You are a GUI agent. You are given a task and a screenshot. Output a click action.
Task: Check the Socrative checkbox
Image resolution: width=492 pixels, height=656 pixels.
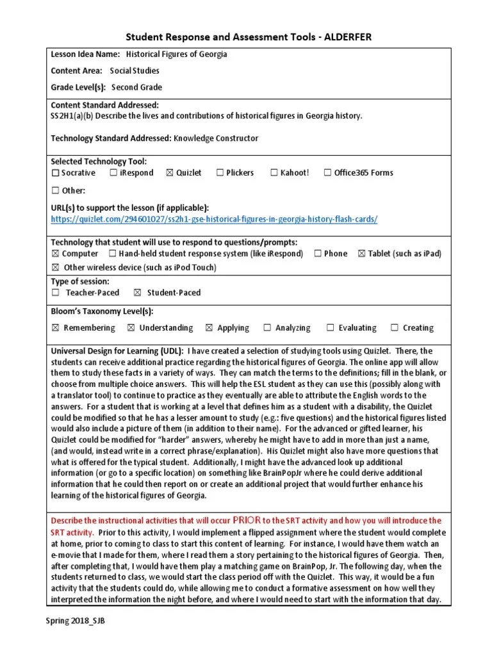56,173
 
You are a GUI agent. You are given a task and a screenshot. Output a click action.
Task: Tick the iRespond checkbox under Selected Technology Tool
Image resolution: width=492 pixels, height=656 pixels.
113,173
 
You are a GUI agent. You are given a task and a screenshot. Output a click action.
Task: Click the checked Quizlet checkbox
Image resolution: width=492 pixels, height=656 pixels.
169,173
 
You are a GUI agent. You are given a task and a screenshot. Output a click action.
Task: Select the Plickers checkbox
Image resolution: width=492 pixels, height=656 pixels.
220,173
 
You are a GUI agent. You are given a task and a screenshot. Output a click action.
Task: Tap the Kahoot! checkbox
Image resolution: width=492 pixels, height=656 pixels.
274,173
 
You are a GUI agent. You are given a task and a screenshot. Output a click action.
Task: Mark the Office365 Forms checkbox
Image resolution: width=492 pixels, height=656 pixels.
328,173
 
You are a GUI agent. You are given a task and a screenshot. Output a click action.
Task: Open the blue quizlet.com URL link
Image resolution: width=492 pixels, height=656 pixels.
214,219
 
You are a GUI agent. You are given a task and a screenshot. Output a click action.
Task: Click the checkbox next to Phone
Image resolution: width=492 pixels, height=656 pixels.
318,254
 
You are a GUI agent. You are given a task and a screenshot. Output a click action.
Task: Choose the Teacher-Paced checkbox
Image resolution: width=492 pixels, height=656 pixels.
56,293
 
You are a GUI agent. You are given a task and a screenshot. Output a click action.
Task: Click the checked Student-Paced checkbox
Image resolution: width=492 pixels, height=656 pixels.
137,293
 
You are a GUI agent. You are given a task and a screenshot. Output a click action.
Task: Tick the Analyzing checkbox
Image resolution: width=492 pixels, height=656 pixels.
267,328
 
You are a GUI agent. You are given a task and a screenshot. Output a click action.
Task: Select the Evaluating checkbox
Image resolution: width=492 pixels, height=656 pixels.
331,328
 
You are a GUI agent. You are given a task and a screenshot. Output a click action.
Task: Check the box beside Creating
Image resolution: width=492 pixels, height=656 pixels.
395,328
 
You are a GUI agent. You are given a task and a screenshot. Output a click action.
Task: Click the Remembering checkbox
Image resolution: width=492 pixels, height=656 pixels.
55,328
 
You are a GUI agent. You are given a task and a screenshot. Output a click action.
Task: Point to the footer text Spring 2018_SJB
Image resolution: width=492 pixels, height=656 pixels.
75,621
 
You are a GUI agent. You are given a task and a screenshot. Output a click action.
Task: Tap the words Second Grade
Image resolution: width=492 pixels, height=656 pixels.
136,87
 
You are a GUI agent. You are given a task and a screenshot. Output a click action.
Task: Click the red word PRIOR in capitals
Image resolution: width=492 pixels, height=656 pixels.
248,520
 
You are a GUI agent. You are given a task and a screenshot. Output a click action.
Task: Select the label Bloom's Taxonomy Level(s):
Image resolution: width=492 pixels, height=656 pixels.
102,311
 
